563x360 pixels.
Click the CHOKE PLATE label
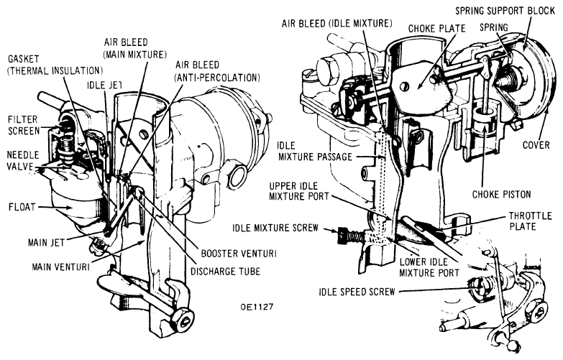pos(436,28)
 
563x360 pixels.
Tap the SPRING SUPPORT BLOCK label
pos(505,11)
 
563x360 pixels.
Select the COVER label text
pos(536,145)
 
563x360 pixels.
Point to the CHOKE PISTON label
pos(501,195)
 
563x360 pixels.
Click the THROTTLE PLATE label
pos(531,221)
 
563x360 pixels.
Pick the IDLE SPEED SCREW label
pos(357,292)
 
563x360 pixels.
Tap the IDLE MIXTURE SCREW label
pos(275,228)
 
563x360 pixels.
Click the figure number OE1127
pos(257,307)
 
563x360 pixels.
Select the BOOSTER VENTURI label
pos(239,254)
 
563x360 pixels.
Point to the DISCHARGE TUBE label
pos(225,271)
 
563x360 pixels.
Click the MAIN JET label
pos(46,243)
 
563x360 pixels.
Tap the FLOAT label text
pos(22,207)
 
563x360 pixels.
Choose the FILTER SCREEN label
pos(24,125)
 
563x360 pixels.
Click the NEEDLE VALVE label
pos(23,161)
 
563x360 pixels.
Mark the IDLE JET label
pos(104,85)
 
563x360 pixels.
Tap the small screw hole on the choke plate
pos(406,86)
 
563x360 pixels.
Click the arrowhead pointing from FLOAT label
pos(70,208)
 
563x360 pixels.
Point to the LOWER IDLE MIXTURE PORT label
pos(429,267)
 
